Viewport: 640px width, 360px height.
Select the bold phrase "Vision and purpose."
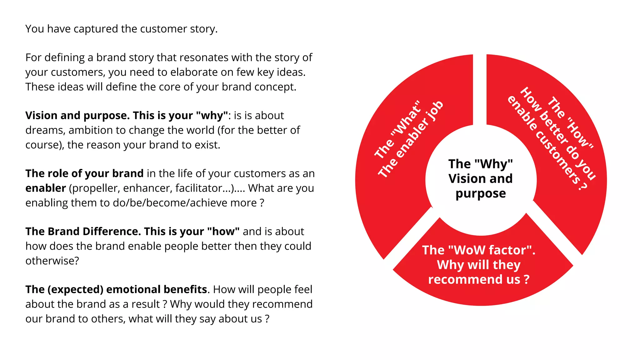click(x=77, y=116)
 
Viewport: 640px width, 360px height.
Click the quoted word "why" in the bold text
click(x=212, y=116)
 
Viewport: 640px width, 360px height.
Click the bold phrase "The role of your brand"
click(x=84, y=173)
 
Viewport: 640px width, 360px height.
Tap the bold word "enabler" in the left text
click(x=46, y=188)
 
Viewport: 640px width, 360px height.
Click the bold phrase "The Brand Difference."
click(x=83, y=232)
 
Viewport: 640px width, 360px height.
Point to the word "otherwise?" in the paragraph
click(x=52, y=261)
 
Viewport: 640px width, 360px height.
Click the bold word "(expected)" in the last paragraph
click(x=75, y=289)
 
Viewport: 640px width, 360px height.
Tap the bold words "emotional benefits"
click(x=157, y=289)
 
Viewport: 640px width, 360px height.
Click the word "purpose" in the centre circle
click(x=481, y=193)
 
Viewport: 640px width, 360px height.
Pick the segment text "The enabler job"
click(x=410, y=140)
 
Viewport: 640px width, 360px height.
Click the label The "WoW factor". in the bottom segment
click(x=478, y=250)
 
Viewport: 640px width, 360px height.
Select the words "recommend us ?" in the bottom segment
click(x=478, y=279)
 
